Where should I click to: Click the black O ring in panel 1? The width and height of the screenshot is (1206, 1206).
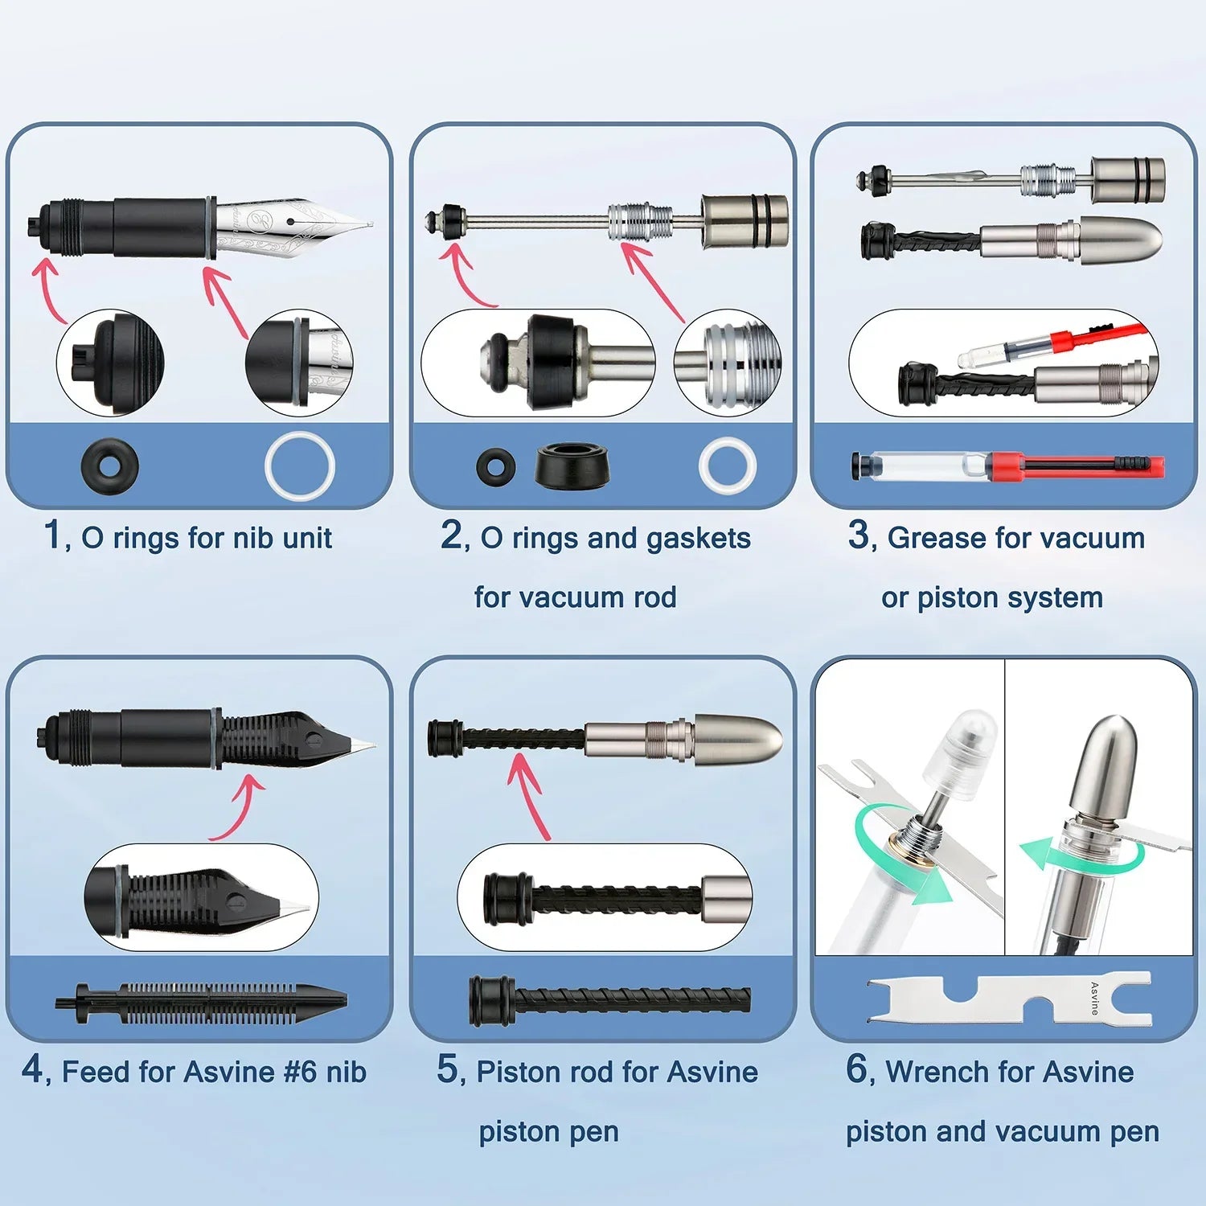(110, 466)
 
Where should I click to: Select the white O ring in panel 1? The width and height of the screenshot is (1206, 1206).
(300, 466)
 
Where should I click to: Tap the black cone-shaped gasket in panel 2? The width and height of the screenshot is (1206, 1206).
(572, 466)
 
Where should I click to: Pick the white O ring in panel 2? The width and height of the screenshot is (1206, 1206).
(727, 466)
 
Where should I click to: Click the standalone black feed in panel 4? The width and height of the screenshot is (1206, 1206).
(201, 1002)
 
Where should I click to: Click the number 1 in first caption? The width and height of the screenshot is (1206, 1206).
(52, 535)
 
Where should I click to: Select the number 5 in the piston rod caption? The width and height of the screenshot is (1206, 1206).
(447, 1069)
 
